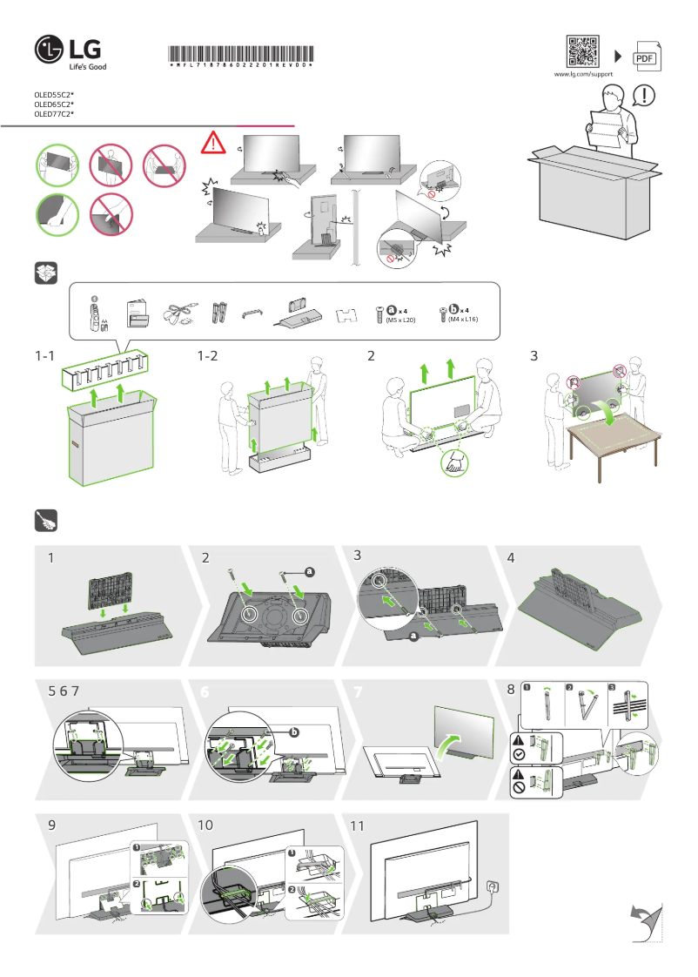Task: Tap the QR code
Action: pos(582,51)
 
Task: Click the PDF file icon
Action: pos(645,57)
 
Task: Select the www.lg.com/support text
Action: pos(583,76)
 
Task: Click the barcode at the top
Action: pos(239,51)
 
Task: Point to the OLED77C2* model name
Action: pos(54,114)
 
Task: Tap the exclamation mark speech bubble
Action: pos(645,93)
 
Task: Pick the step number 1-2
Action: pos(209,355)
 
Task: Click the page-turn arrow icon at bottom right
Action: pos(645,922)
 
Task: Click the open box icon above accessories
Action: pos(45,273)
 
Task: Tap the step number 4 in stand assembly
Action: pos(511,558)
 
